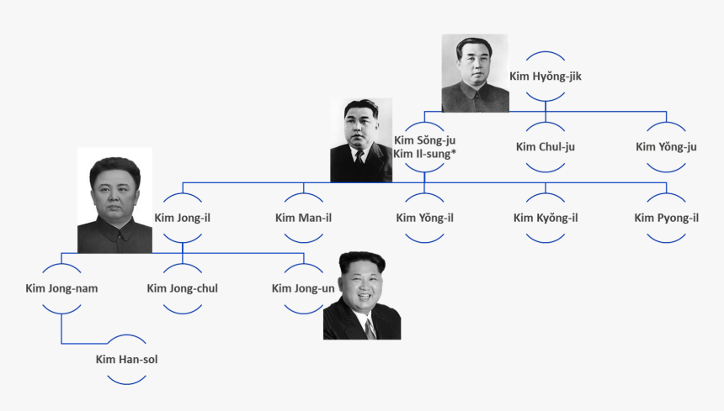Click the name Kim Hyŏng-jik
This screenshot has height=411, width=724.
[546, 76]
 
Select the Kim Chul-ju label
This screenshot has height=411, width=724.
[546, 147]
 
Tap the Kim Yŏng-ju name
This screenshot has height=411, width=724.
[666, 147]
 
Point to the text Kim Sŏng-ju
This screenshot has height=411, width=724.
[425, 140]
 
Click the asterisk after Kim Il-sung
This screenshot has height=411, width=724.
[455, 153]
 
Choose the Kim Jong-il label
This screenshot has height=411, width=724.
[183, 218]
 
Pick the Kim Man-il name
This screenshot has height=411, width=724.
[303, 218]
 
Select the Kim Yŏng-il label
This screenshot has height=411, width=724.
[425, 218]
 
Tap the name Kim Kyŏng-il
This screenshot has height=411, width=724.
[546, 218]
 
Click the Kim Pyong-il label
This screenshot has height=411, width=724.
[666, 218]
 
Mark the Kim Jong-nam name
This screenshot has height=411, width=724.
[61, 288]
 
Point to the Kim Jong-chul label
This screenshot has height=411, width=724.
[183, 288]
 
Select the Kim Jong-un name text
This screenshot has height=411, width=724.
[303, 288]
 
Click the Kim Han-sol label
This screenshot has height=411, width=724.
[126, 360]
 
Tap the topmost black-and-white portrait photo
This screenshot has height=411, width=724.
[475, 73]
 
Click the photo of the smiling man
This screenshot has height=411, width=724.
[362, 296]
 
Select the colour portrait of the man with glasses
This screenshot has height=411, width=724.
[114, 200]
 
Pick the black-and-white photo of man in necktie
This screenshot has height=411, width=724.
[361, 140]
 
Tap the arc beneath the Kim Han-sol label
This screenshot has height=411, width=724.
[126, 382]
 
